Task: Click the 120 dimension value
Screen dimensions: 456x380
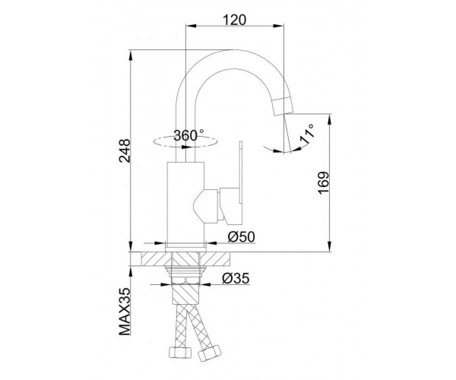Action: coord(234,20)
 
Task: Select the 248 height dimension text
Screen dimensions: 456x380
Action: coord(125,151)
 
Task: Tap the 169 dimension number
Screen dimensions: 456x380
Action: coord(323,183)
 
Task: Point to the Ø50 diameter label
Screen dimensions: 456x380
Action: coord(241,237)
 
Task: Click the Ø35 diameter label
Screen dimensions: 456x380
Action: coord(236,279)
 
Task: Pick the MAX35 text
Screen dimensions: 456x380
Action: coord(125,315)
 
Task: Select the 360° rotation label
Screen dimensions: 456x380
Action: coord(189,135)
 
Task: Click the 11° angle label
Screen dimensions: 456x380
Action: coord(307,135)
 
